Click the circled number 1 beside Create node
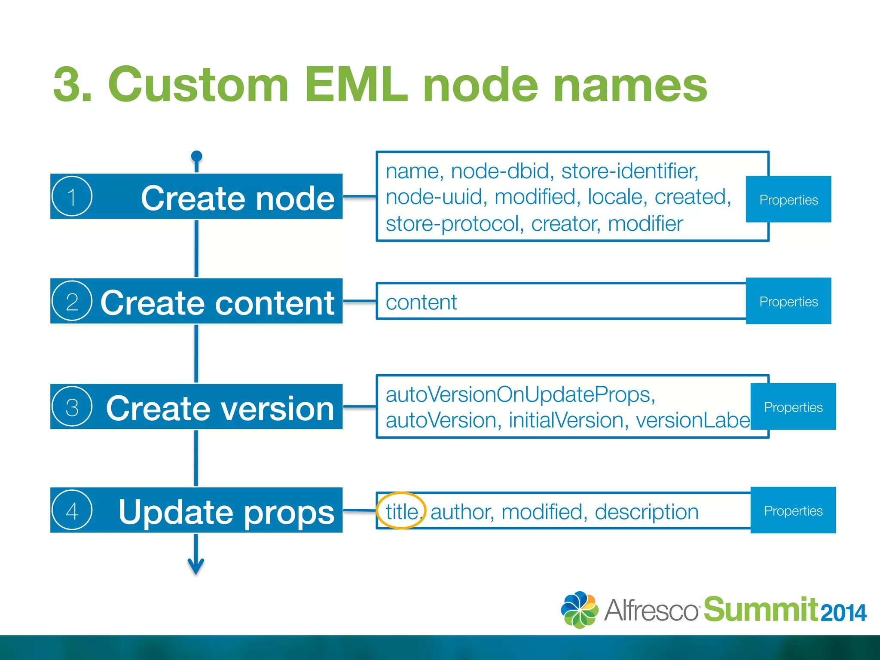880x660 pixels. tap(72, 197)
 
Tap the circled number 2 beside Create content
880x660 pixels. tap(72, 301)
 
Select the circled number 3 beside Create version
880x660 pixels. tap(72, 406)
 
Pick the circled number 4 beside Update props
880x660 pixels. tap(72, 510)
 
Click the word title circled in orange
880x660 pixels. tap(401, 511)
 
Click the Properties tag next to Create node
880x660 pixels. tap(788, 199)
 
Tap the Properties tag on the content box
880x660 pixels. tap(788, 301)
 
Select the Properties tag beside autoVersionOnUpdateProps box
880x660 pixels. tap(793, 406)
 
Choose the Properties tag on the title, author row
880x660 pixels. tap(793, 510)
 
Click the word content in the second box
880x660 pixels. tap(421, 302)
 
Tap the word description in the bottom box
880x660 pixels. tap(646, 512)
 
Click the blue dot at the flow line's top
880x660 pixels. tap(196, 156)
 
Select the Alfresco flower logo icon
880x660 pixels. tap(579, 610)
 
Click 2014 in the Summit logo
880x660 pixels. tap(843, 613)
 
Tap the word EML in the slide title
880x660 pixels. tap(356, 85)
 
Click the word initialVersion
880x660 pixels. tap(565, 420)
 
